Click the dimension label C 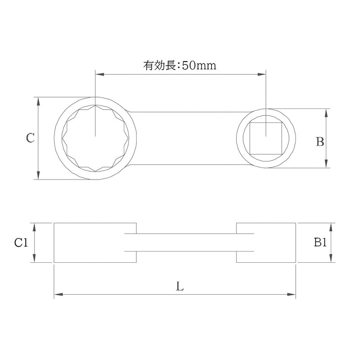(x=30, y=138)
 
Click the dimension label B (x=320, y=142)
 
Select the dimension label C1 (x=21, y=243)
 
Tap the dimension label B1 (x=320, y=243)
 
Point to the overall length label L (x=180, y=287)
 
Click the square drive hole (x=266, y=138)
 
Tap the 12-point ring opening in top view (x=95, y=138)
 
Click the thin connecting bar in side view (x=187, y=243)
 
